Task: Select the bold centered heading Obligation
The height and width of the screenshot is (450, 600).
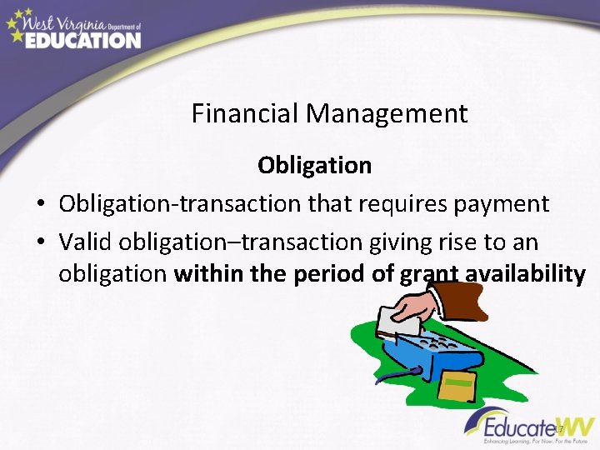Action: click(314, 165)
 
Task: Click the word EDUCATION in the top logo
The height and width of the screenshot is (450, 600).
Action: click(82, 40)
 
